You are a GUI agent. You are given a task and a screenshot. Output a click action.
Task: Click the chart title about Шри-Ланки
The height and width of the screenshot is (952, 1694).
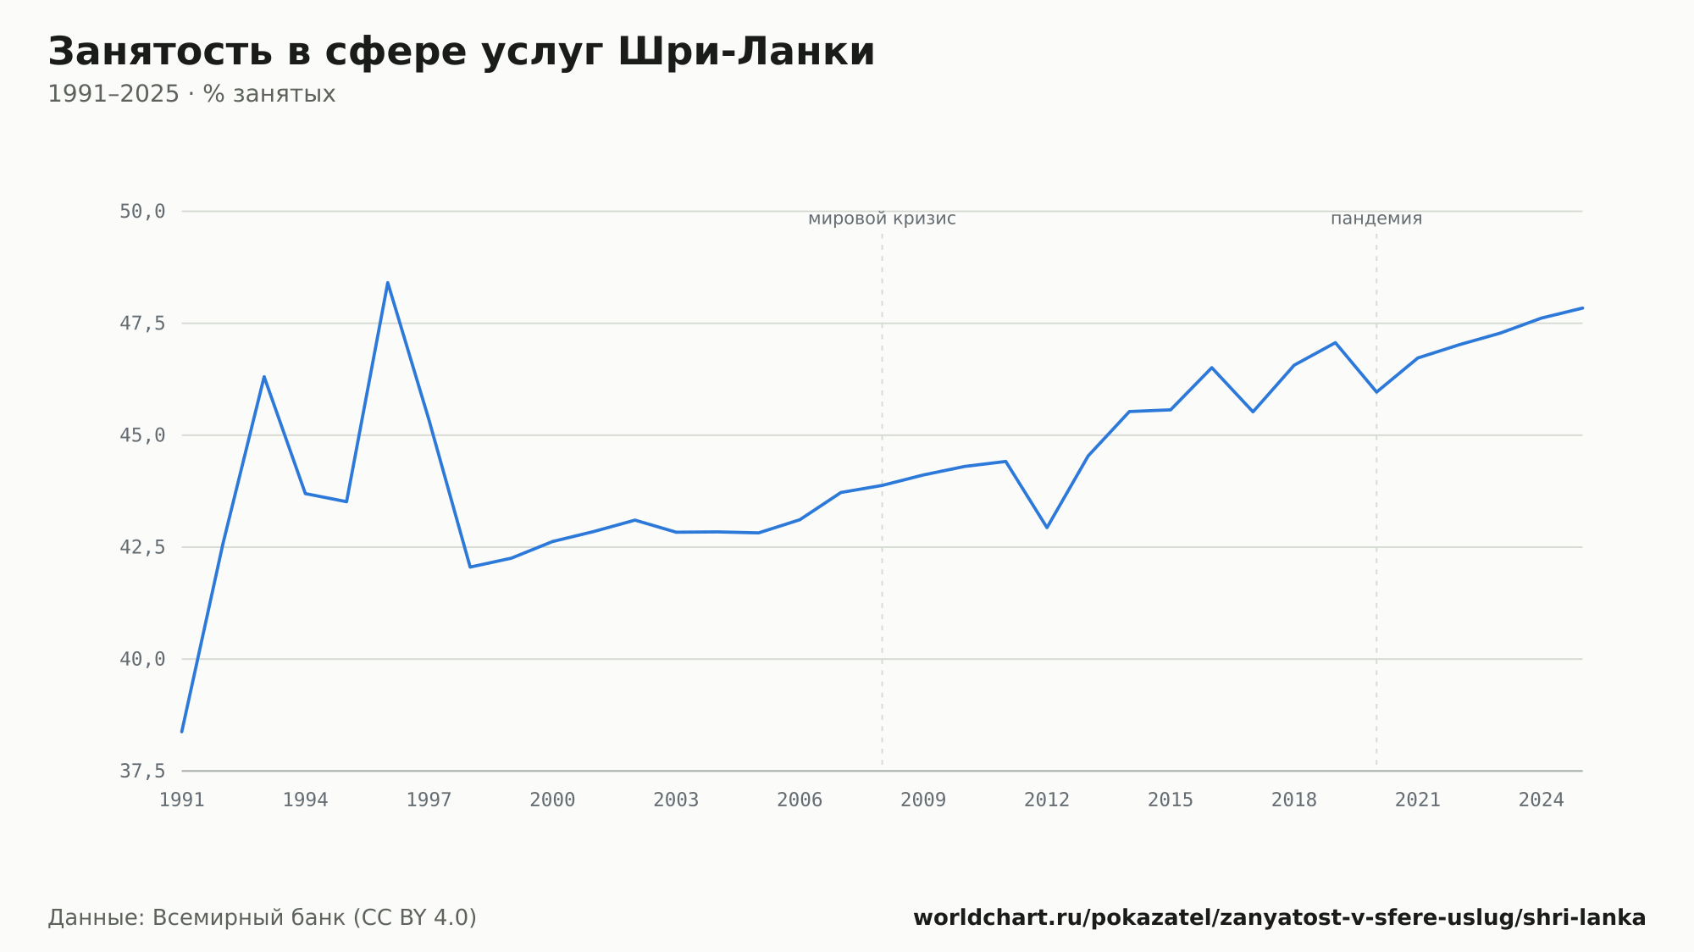[x=461, y=53]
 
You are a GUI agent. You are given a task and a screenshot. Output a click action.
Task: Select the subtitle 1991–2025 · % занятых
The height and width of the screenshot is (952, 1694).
[x=191, y=94]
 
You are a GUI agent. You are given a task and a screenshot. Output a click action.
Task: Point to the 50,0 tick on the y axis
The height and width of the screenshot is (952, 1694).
[x=142, y=212]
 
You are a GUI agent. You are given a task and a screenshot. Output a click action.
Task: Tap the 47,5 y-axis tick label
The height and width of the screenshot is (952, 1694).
[x=142, y=324]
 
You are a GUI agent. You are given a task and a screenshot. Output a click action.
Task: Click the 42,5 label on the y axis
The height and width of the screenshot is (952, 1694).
[x=142, y=547]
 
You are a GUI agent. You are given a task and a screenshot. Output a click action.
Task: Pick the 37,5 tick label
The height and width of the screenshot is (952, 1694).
[x=142, y=771]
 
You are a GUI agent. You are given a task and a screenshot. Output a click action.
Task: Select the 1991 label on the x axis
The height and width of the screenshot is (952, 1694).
[x=182, y=800]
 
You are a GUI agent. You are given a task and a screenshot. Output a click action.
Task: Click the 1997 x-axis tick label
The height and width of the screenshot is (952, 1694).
[x=429, y=800]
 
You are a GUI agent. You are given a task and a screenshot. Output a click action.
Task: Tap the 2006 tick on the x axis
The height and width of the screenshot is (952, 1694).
[x=800, y=800]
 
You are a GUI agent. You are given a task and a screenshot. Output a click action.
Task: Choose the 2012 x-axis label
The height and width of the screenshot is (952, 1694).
[x=1047, y=800]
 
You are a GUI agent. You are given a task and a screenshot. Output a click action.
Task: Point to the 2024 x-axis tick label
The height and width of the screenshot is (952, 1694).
[x=1542, y=800]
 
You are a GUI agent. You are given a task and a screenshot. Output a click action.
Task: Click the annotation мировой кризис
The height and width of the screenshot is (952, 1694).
[x=882, y=219]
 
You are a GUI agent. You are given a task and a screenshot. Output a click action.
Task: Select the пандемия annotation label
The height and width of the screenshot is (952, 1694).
[x=1376, y=219]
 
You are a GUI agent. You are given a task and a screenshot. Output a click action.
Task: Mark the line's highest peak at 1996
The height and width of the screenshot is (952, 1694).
[x=388, y=283]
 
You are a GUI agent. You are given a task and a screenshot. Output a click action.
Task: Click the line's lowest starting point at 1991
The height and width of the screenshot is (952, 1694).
[x=182, y=731]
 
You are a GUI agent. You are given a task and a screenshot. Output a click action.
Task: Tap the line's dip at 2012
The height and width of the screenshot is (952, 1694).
[x=1047, y=528]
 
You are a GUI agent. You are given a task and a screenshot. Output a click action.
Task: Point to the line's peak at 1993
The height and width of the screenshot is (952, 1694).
[x=264, y=377]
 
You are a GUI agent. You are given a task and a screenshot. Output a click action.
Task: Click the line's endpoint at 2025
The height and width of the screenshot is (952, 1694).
[x=1582, y=308]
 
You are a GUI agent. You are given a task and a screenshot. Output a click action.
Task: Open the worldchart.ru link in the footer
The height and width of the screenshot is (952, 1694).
[x=1279, y=918]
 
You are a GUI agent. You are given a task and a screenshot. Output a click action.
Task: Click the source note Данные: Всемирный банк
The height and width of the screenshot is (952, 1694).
[x=263, y=918]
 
